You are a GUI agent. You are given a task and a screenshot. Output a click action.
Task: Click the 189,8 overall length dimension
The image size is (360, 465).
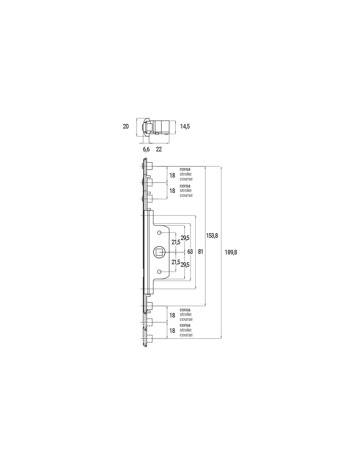coord(231,252)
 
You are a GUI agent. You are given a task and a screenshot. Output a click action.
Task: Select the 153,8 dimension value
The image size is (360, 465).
coord(212,235)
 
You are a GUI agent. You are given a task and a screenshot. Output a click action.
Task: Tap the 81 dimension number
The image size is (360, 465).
coord(200,252)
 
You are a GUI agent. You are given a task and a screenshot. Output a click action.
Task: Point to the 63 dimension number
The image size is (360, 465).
coord(190,252)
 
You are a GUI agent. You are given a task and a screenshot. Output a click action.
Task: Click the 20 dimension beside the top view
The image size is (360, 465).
coord(126,127)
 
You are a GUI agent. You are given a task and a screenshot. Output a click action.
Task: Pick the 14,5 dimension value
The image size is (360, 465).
coord(185,127)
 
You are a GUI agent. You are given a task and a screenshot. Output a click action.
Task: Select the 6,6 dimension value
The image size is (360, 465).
coord(146,149)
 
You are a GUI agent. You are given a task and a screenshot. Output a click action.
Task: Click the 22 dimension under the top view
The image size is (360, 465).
coord(159,149)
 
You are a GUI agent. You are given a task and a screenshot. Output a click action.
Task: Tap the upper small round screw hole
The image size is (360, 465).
coord(159,233)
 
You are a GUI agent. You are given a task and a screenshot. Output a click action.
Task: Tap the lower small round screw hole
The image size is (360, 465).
coord(159,272)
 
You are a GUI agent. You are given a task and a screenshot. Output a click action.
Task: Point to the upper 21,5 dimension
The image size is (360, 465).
coord(176,242)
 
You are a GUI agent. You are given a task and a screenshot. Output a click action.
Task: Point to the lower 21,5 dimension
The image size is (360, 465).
coord(176,262)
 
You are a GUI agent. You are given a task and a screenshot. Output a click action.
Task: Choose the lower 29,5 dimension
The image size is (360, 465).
coord(185,265)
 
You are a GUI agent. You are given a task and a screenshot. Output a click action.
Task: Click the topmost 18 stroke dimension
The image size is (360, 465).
coord(172,176)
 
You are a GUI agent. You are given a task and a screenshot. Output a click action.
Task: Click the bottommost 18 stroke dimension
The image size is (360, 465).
coord(172,331)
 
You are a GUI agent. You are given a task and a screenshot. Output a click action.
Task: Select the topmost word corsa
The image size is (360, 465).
coord(185,169)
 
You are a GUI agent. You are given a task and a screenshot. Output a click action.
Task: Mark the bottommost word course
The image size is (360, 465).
coord(186,335)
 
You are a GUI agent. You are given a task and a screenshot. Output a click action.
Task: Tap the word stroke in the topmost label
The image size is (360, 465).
coord(186,174)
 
